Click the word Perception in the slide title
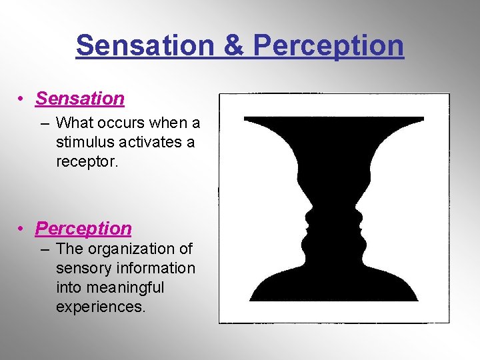329,45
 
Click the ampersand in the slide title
233,45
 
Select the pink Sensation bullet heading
80,99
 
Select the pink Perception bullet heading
83,229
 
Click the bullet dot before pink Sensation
22,99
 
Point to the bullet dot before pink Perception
22,229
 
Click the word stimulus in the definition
86,143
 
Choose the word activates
150,143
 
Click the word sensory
85,269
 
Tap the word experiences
101,307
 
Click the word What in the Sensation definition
73,123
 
